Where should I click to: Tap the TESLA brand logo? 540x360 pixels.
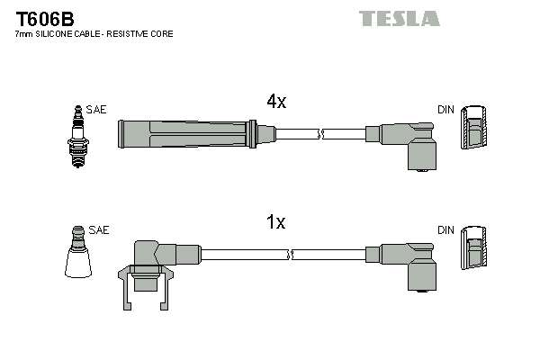coord(399,18)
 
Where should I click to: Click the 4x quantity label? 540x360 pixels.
coord(276,102)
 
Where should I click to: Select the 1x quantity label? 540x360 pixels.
coord(276,222)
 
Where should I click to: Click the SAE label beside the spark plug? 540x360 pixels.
coord(96,110)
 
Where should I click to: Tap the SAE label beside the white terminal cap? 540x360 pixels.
coord(99,230)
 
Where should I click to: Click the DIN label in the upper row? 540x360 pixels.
coord(445,110)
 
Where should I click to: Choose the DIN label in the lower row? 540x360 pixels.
coord(445,230)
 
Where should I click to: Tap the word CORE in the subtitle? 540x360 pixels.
coord(162,33)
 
